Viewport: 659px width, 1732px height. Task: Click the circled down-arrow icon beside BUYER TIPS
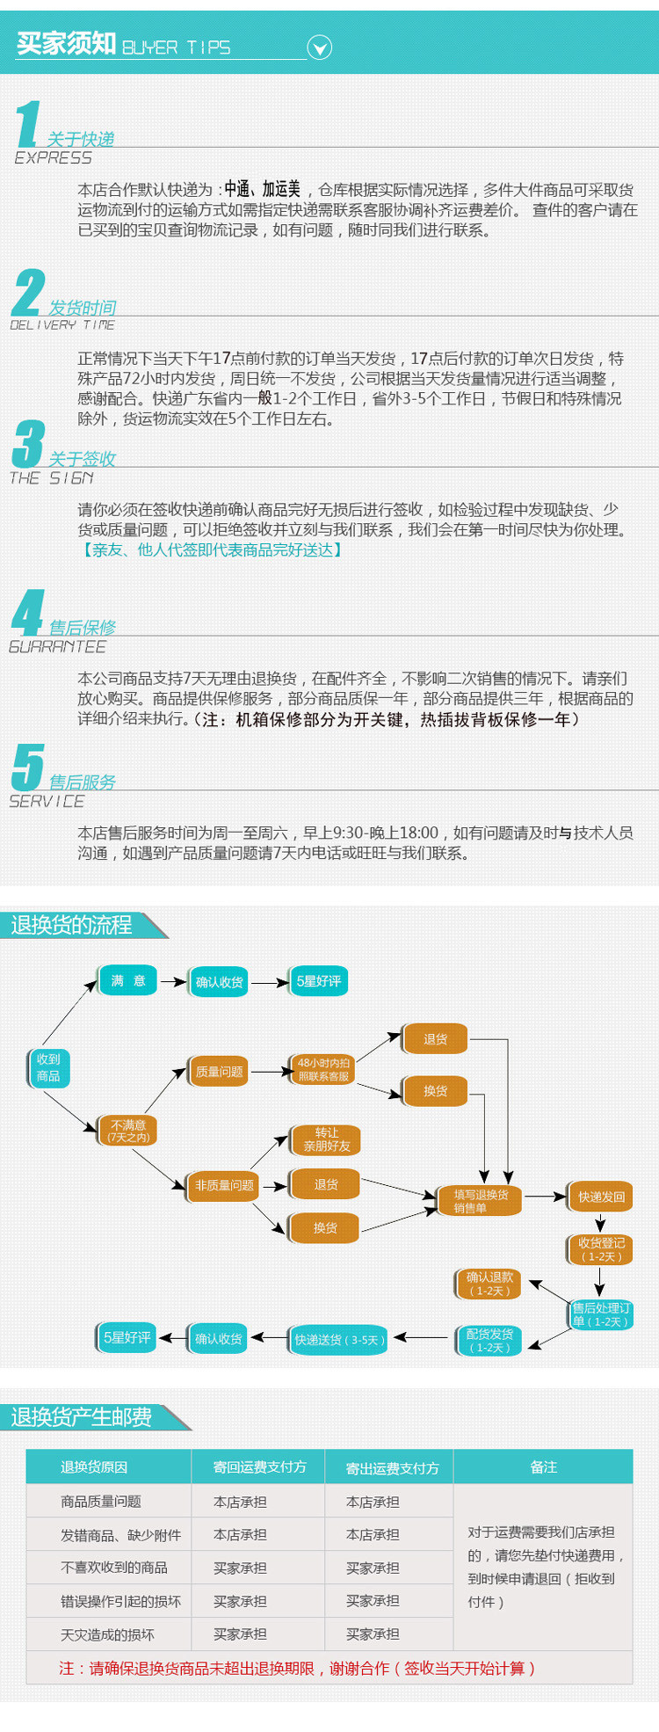tap(320, 47)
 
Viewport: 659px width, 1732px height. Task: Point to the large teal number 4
tap(28, 613)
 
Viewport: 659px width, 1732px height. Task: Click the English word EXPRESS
tap(53, 158)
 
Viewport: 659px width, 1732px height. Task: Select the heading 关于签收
tap(83, 459)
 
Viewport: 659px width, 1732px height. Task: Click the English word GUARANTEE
tap(57, 647)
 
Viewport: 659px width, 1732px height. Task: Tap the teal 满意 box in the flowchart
tap(128, 981)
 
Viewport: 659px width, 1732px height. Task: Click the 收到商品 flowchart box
tap(48, 1067)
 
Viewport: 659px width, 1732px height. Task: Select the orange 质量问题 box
tap(219, 1072)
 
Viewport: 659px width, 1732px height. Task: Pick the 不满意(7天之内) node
tap(128, 1131)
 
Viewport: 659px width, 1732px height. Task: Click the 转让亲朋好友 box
tap(326, 1139)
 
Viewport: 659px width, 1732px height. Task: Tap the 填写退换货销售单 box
tap(481, 1201)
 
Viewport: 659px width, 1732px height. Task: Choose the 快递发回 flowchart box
tap(601, 1197)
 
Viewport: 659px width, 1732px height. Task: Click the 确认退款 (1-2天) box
tap(489, 1284)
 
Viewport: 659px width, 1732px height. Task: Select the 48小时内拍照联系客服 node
tap(323, 1069)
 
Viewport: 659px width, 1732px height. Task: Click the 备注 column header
tap(543, 1467)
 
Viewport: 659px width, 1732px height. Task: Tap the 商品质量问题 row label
tap(101, 1502)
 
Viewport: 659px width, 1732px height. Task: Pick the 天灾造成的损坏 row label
tap(107, 1634)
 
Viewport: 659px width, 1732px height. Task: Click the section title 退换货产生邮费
tap(82, 1417)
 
